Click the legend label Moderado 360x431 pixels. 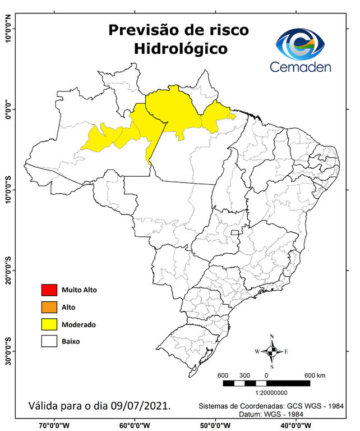[x=79, y=324]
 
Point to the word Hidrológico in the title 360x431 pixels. [x=181, y=49]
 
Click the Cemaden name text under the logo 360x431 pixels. [x=300, y=67]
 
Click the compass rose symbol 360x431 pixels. [x=272, y=352]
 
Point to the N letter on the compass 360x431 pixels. [x=272, y=337]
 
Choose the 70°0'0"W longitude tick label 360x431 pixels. [x=54, y=424]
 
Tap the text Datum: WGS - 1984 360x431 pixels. [x=275, y=414]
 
